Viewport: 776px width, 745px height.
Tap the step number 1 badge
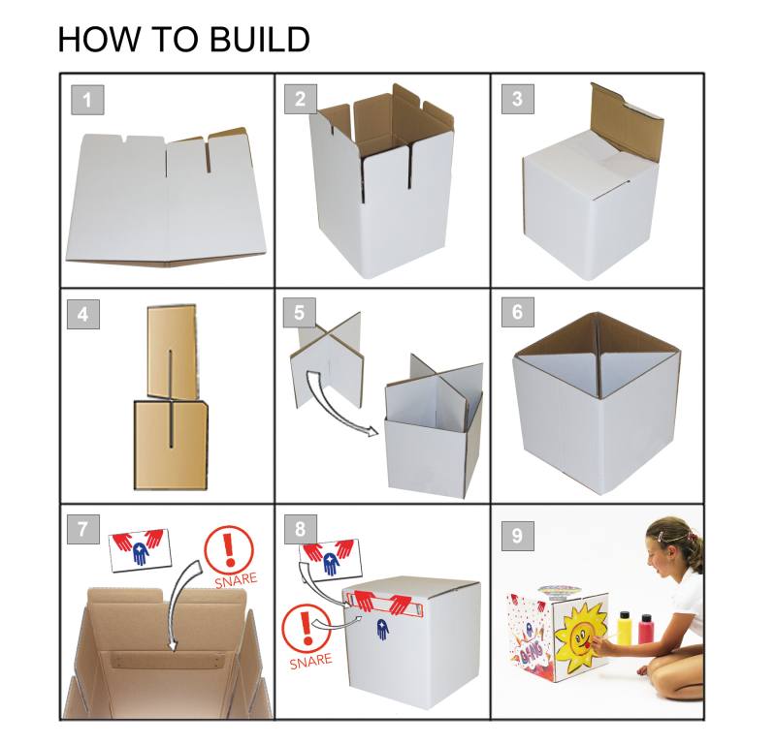(87, 100)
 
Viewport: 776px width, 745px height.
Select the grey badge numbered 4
(87, 314)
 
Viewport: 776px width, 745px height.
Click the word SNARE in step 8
(311, 662)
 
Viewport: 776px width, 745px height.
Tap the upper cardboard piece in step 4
(171, 351)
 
